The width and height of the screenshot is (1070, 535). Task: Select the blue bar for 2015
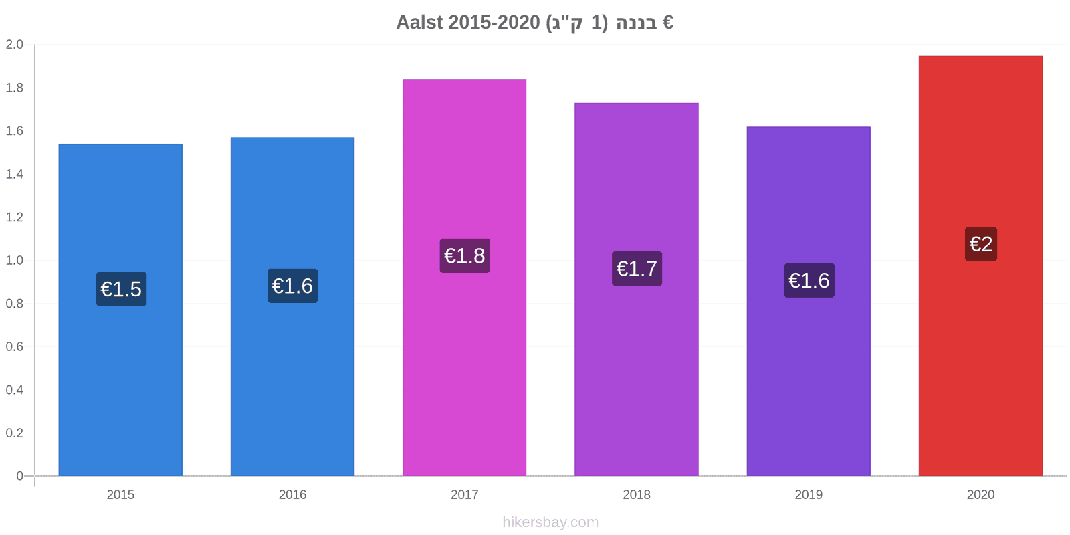(120, 310)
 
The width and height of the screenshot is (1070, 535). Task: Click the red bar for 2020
(980, 265)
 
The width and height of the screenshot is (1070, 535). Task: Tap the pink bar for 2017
(464, 278)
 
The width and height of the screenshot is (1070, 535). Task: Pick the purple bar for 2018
(637, 290)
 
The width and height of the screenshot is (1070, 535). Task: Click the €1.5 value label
(121, 289)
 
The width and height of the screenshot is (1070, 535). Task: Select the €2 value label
(981, 244)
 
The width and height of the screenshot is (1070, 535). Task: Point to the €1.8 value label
(465, 256)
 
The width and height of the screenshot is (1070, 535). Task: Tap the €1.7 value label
(637, 268)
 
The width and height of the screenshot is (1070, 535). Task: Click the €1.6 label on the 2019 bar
(809, 280)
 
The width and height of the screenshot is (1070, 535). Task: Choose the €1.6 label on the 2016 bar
(292, 286)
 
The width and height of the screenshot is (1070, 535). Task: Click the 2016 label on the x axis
(292, 494)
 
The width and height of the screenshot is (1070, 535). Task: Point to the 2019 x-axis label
(809, 494)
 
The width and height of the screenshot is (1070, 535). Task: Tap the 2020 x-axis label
(980, 494)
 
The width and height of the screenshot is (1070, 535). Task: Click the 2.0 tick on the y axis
(14, 44)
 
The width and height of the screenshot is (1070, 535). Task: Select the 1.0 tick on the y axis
(14, 260)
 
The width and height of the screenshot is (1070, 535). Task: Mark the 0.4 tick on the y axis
(14, 390)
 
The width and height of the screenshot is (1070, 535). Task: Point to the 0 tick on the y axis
(19, 475)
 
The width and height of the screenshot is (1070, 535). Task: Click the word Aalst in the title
(419, 23)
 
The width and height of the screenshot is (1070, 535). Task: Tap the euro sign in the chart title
(668, 23)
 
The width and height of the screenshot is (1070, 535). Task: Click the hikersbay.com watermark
(550, 522)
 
